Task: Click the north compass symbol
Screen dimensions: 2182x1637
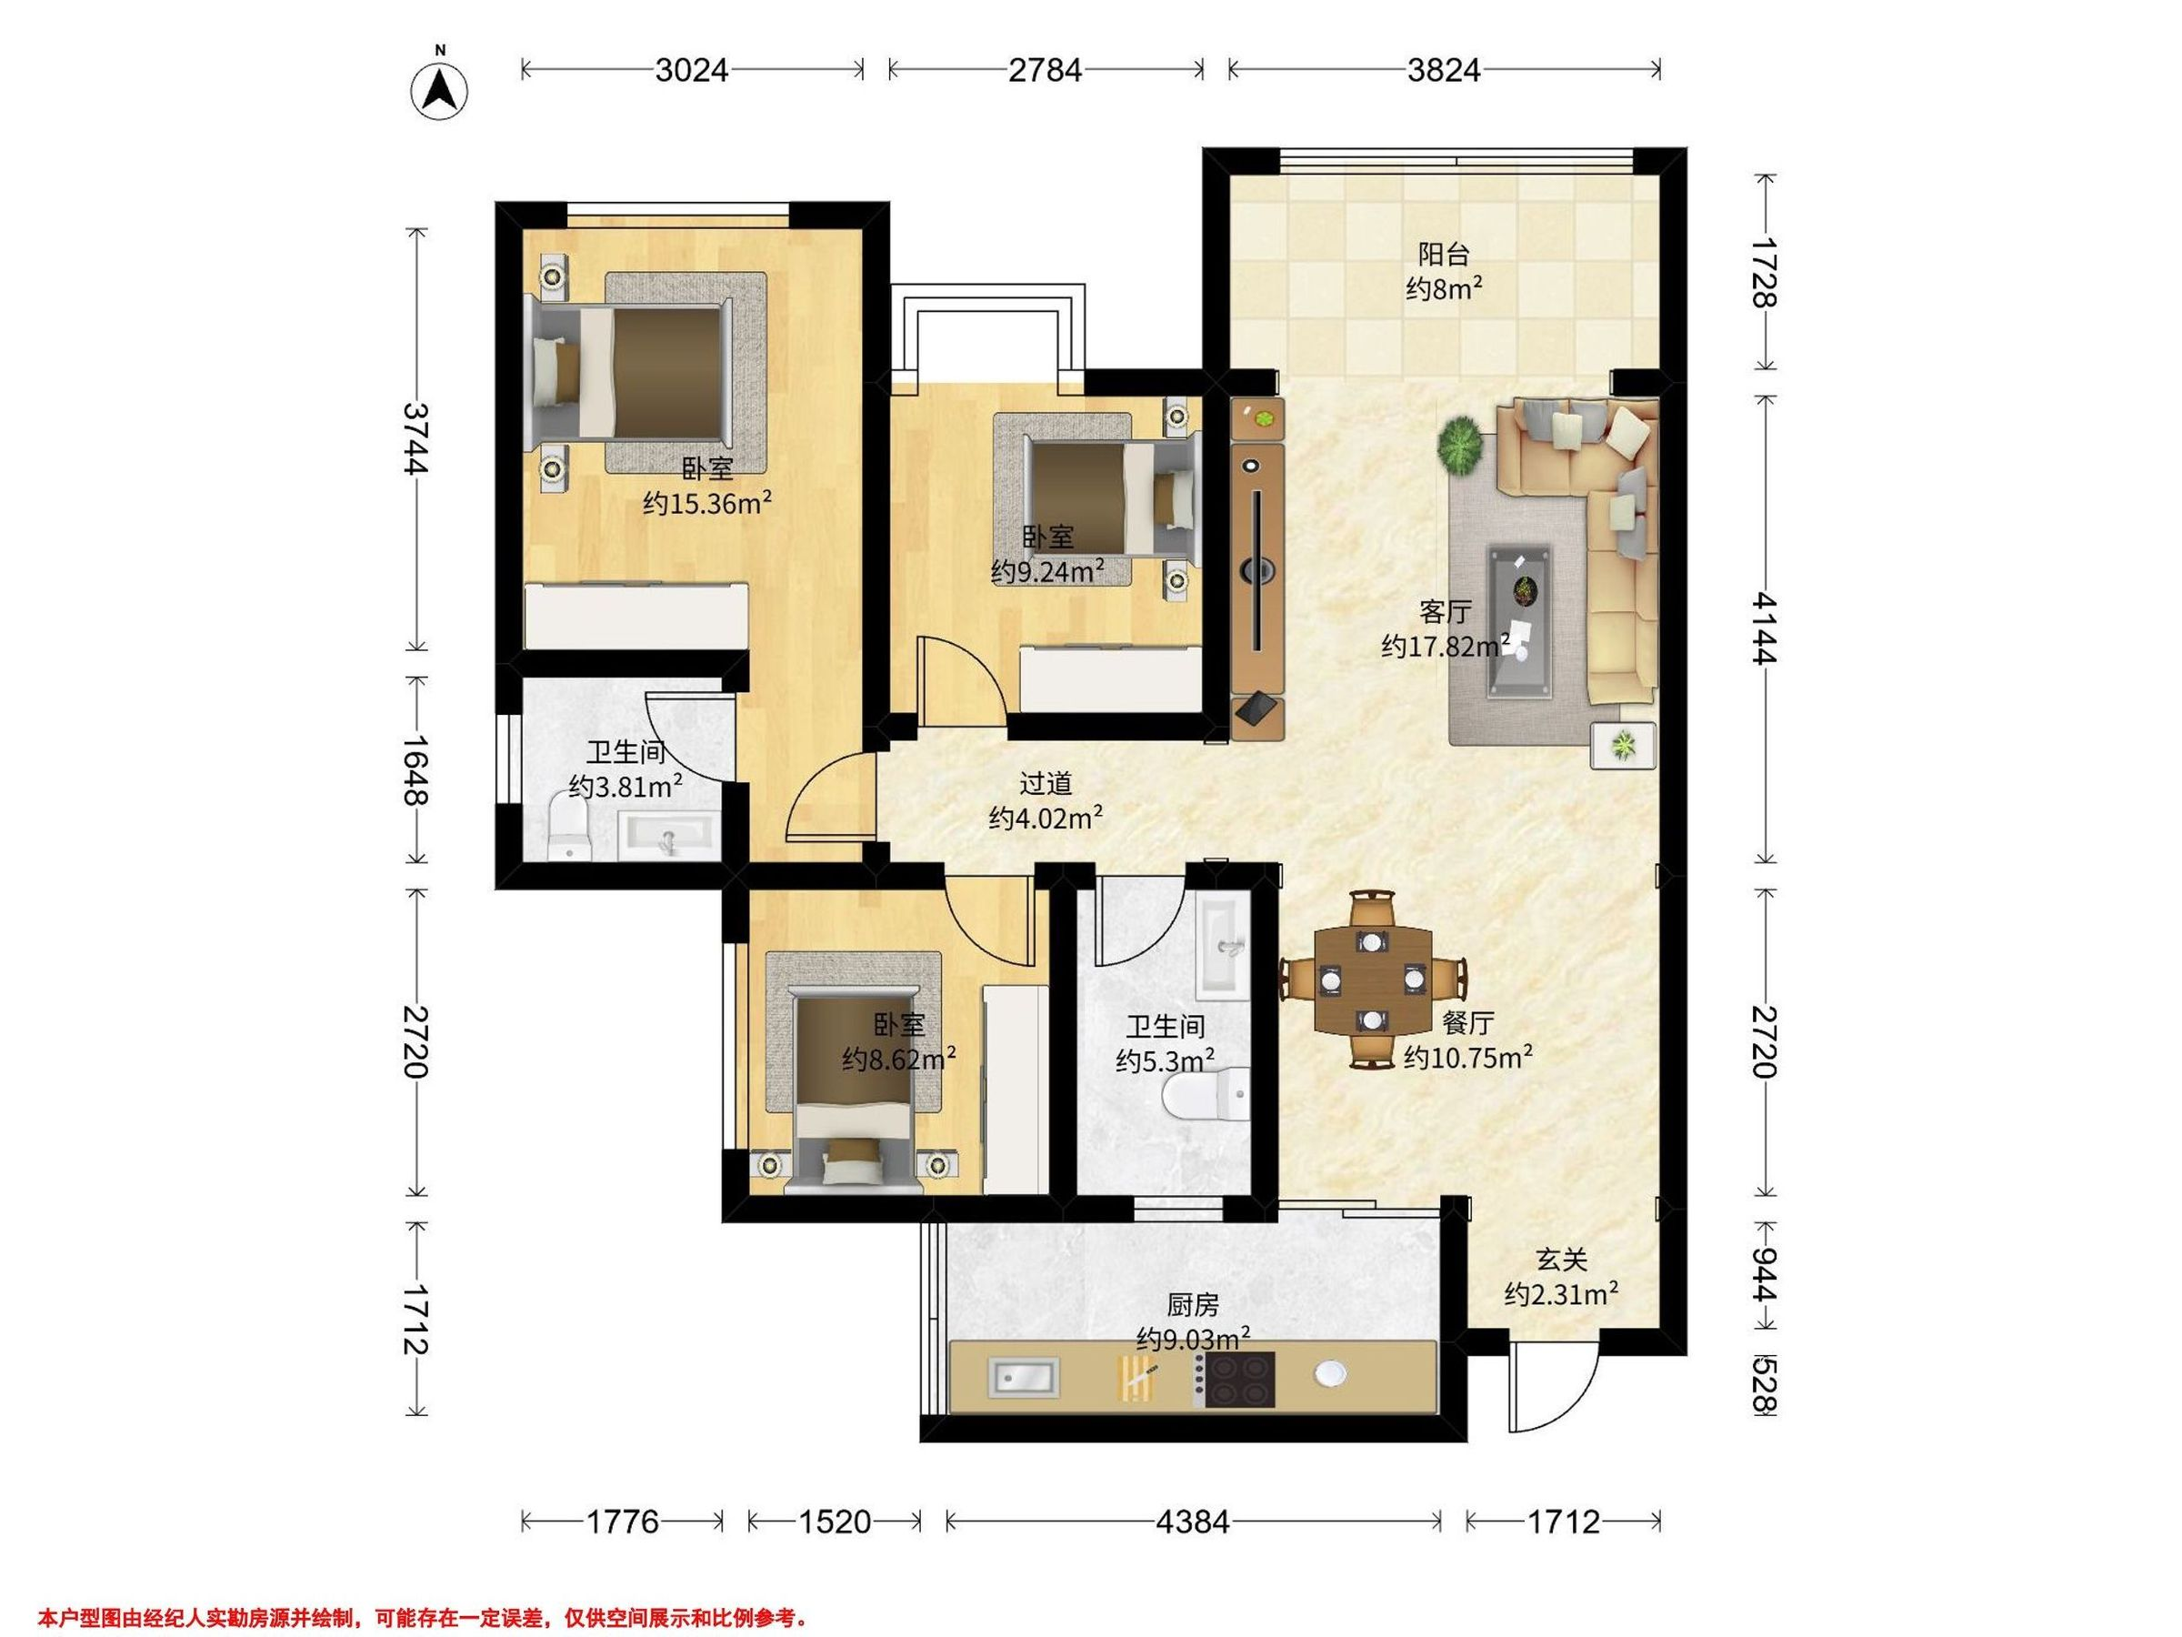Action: tap(439, 91)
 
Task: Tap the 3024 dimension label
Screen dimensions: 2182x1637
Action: tap(692, 70)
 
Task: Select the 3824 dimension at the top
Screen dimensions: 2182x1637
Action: tap(1443, 70)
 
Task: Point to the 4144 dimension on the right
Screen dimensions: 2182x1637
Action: tap(1765, 628)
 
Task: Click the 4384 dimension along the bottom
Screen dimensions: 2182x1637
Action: tap(1193, 1522)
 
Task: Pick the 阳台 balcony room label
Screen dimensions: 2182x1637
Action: tap(1444, 255)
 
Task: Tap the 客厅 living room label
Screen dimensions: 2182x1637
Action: tap(1446, 612)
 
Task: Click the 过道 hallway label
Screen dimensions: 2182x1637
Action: tap(1045, 783)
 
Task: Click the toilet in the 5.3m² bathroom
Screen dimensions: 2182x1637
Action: tap(1206, 1095)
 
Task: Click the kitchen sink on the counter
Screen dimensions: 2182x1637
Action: tap(1023, 1377)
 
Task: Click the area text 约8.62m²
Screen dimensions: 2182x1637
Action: tap(898, 1060)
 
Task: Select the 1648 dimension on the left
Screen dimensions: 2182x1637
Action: tap(416, 769)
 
